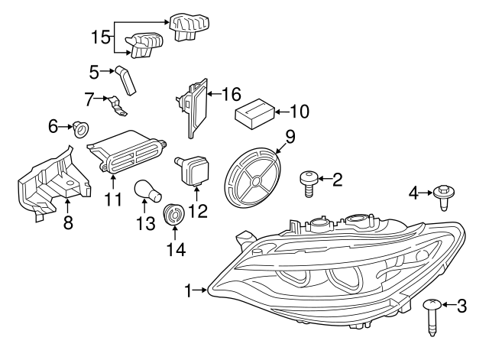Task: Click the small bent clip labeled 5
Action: [126, 79]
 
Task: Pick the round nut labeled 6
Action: [78, 128]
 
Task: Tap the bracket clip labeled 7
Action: [117, 105]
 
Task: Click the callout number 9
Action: [290, 137]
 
